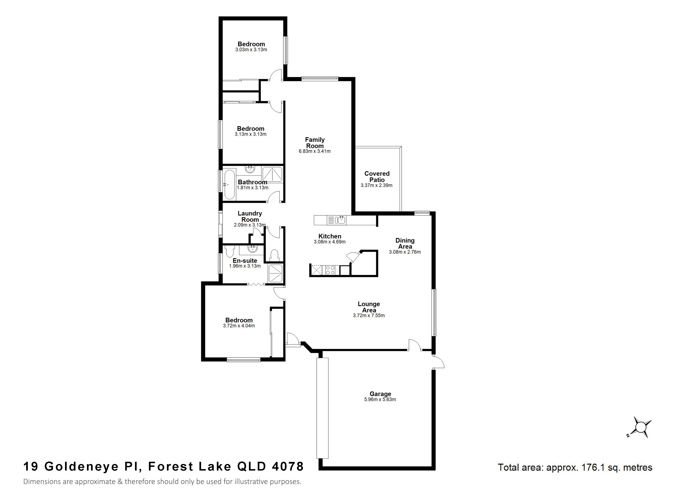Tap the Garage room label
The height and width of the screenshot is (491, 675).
pyautogui.click(x=380, y=394)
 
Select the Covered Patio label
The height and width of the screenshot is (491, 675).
pyautogui.click(x=377, y=177)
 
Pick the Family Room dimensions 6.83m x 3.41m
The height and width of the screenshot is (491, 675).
pyautogui.click(x=315, y=151)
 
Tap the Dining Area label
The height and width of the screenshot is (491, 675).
pyautogui.click(x=405, y=243)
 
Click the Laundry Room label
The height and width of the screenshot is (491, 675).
pyautogui.click(x=250, y=216)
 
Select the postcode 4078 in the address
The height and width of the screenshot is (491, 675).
pyautogui.click(x=288, y=466)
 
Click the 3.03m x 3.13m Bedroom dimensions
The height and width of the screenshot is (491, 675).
pyautogui.click(x=251, y=50)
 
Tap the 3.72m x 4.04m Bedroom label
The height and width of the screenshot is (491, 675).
pyautogui.click(x=239, y=320)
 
